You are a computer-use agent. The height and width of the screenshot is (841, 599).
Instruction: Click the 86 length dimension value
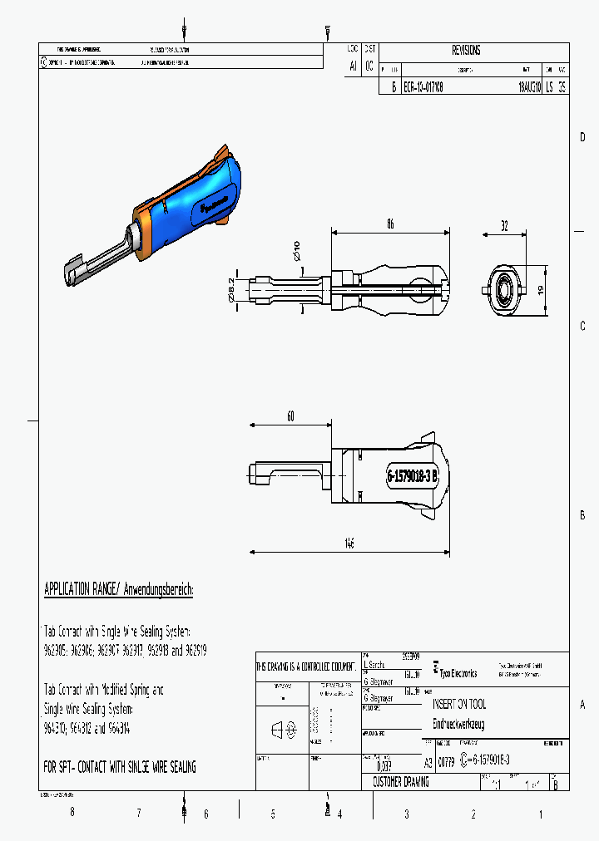389,224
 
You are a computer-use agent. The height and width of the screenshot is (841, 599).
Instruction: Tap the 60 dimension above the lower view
291,417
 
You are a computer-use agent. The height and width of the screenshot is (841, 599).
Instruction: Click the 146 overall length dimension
349,543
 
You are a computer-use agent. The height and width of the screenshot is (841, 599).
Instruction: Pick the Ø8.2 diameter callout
232,288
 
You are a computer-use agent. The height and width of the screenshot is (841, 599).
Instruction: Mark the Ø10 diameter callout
297,248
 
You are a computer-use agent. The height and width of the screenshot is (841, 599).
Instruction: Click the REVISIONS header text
466,51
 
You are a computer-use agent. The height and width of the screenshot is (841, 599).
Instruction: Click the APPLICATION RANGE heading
118,590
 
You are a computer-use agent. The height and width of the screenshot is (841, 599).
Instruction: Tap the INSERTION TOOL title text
459,704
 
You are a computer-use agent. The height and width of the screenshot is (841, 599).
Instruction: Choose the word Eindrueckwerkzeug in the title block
458,724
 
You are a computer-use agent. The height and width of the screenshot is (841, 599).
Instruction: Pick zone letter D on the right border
582,137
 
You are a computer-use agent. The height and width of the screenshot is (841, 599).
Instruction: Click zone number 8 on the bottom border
72,813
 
